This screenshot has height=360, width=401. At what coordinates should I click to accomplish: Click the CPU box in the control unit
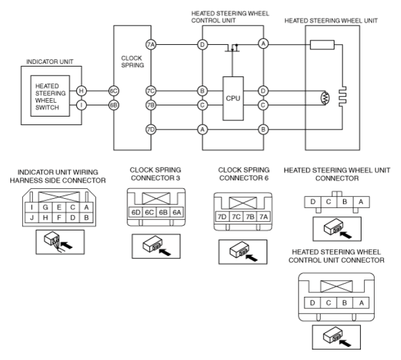pos(233,98)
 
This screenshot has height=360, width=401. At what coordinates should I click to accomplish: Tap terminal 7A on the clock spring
pos(151,45)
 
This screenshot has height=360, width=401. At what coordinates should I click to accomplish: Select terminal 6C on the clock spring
pos(114,91)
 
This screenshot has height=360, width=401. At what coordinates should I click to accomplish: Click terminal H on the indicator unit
pos(81,91)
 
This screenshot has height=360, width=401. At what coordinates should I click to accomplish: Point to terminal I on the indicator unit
pos(81,105)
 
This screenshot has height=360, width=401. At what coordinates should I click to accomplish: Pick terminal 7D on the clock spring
pos(151,130)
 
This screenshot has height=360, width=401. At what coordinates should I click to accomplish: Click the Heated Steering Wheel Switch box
pos(50,96)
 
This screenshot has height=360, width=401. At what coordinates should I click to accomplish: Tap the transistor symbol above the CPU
pos(232,48)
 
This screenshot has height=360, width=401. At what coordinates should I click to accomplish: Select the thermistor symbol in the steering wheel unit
pos(325,98)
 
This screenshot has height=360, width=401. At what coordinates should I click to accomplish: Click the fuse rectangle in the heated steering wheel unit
pos(322,45)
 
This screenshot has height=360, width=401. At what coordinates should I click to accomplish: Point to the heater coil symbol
pos(342,96)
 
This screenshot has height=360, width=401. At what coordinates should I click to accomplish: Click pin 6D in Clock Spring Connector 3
pos(136,212)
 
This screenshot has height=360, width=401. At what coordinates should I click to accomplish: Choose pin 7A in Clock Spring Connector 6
pos(263,217)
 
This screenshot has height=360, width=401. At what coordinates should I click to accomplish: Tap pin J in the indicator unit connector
pos(32,218)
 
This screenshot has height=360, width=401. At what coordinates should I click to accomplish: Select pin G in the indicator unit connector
pos(45,207)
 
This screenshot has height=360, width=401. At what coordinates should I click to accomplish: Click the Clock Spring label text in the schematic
pos(133,61)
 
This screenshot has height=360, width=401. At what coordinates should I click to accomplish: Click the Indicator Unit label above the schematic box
pos(50,61)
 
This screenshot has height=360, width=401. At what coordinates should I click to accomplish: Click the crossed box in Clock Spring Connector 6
pos(243,203)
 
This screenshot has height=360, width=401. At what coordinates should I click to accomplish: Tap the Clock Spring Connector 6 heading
pos(244,174)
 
